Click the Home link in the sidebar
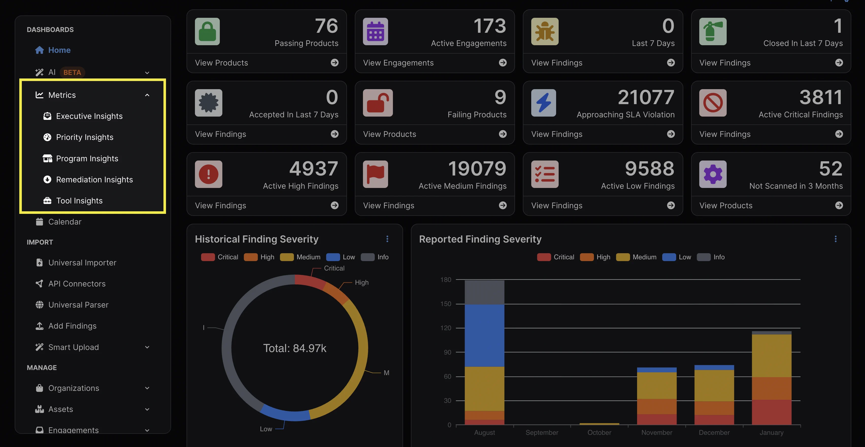59,50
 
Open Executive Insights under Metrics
89,116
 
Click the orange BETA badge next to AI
72,73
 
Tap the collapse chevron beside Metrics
147,95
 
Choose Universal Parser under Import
78,305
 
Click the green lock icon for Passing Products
207,31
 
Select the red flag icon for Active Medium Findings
375,174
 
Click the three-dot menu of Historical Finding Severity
387,239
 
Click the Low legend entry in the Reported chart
677,257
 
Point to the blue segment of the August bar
484,336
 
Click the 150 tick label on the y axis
446,304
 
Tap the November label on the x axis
656,433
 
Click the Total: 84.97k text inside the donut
294,348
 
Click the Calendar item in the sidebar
64,222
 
